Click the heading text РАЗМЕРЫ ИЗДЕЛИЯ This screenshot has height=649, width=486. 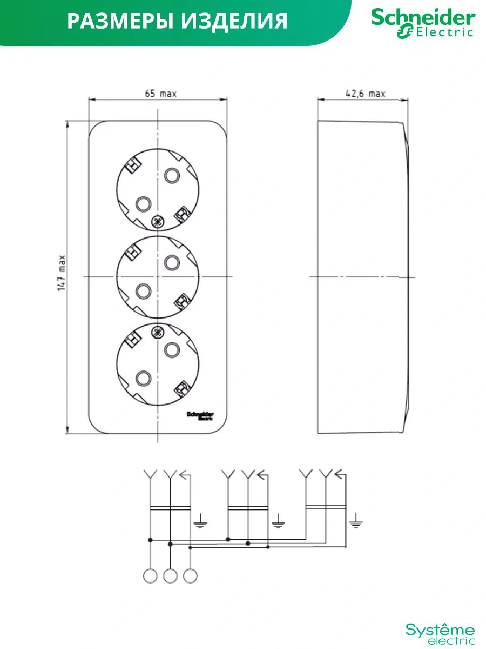tap(178, 21)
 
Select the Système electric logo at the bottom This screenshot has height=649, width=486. tap(440, 633)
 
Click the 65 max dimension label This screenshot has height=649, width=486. tap(160, 94)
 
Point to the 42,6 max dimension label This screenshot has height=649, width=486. tap(365, 94)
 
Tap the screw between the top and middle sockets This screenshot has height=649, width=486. tap(158, 221)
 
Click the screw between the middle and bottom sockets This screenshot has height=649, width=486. tap(158, 332)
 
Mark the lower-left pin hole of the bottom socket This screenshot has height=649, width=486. tap(143, 378)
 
